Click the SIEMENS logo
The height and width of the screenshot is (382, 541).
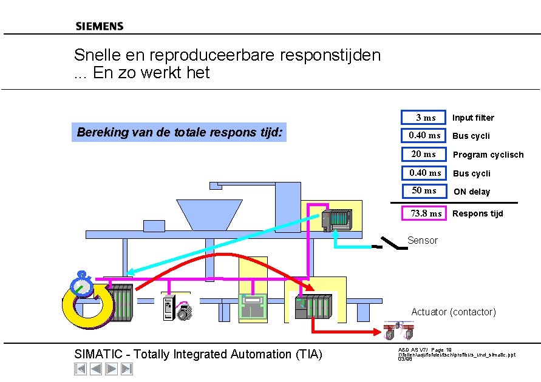pos(100,26)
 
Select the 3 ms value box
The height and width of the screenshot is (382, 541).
pos(424,117)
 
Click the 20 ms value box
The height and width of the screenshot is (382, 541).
pos(424,154)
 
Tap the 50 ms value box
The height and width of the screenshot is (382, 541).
pos(424,191)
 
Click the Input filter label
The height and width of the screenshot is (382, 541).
pos(473,118)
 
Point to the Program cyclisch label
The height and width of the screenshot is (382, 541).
pos(488,155)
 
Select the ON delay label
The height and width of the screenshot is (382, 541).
pos(472,192)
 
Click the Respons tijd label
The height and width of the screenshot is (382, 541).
pos(477,213)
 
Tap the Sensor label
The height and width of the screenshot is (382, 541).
pos(422,241)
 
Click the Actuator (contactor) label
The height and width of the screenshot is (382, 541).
pos(453,312)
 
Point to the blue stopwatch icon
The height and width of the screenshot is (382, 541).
pos(82,284)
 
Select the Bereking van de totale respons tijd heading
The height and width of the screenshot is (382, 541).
pos(180,132)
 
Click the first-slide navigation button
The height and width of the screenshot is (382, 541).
pos(80,369)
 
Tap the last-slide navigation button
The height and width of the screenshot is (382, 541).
pos(127,369)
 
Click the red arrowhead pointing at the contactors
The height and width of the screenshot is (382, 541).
pos(377,332)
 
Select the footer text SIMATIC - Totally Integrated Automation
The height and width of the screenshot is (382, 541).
pos(198,354)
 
